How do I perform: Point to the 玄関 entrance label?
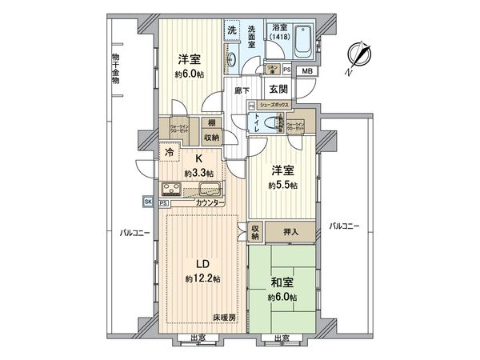click(278, 90)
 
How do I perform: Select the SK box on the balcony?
click(149, 202)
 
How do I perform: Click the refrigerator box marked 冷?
click(170, 150)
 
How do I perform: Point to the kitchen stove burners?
click(172, 190)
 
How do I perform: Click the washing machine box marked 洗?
click(230, 30)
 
